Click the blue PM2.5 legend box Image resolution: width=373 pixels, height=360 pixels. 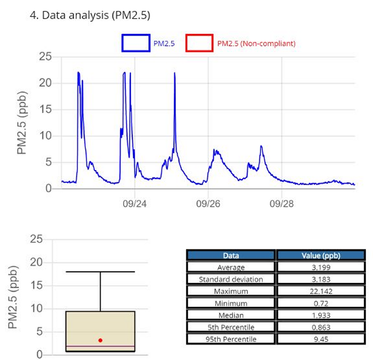(135, 43)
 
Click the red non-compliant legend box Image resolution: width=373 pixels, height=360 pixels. (199, 43)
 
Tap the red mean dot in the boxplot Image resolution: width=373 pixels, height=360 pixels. (100, 340)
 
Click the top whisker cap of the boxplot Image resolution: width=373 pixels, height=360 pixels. (100, 272)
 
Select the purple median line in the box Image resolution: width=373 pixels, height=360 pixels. (100, 347)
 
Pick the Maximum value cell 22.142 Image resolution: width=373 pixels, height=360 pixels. (319, 291)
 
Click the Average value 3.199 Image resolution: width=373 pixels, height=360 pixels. (319, 267)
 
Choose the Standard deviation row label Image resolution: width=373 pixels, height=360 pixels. (231, 279)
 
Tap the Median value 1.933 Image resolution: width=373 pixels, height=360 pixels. (319, 315)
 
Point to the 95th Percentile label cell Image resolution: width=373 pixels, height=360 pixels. (231, 339)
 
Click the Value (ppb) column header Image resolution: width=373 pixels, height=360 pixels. (319, 255)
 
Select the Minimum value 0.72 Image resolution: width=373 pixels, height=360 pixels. (319, 303)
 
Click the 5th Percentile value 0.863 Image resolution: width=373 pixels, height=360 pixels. (319, 327)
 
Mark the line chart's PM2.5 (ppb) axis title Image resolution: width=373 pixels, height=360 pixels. (22, 122)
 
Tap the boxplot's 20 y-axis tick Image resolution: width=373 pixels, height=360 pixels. (37, 262)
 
